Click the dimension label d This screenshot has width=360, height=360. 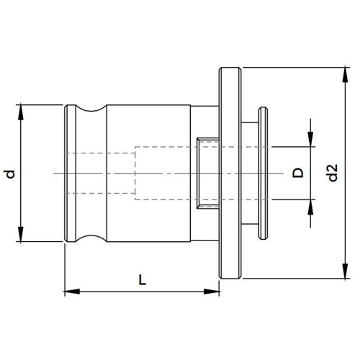click(x=9, y=174)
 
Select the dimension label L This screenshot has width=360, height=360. click(x=142, y=282)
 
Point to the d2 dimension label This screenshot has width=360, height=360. click(x=331, y=174)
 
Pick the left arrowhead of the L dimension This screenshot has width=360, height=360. click(x=70, y=292)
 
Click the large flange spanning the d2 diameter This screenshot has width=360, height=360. click(x=228, y=174)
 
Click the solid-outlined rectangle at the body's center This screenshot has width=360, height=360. click(x=206, y=174)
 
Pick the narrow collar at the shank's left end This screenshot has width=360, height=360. click(x=69, y=174)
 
